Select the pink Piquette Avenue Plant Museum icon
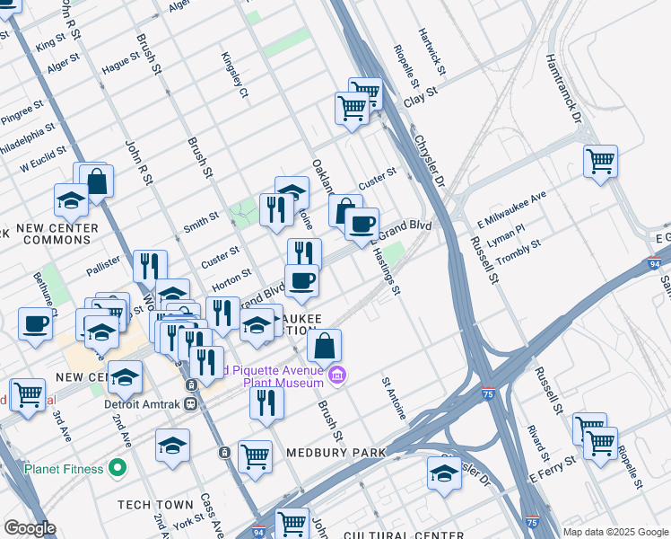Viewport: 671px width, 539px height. coord(336,375)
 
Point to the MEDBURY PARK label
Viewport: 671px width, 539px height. coord(335,452)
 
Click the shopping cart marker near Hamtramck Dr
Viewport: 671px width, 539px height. coord(600,163)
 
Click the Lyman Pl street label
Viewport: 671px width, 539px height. coord(506,236)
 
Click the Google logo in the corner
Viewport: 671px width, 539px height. coord(29,528)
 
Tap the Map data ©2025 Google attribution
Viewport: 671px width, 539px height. coord(615,532)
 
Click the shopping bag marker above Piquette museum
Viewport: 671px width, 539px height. coord(325,345)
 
